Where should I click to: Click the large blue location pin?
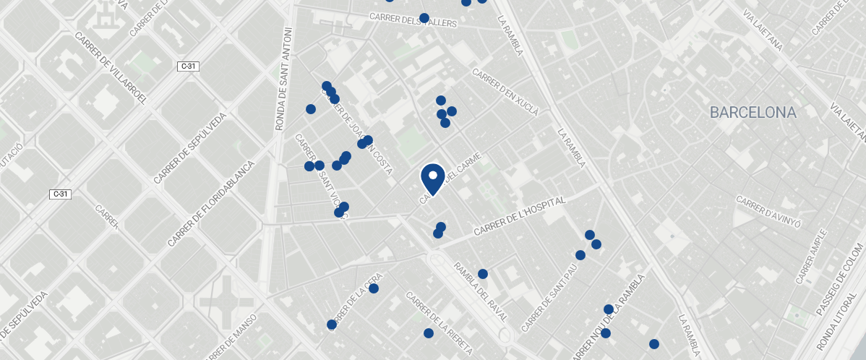pyautogui.click(x=432, y=178)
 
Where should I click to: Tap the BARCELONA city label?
pyautogui.click(x=753, y=113)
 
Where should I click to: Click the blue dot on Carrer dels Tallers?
pyautogui.click(x=424, y=17)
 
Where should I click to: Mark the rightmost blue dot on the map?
pyautogui.click(x=654, y=344)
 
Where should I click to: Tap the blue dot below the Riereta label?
pyautogui.click(x=429, y=333)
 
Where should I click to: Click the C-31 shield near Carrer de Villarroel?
pyautogui.click(x=188, y=67)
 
